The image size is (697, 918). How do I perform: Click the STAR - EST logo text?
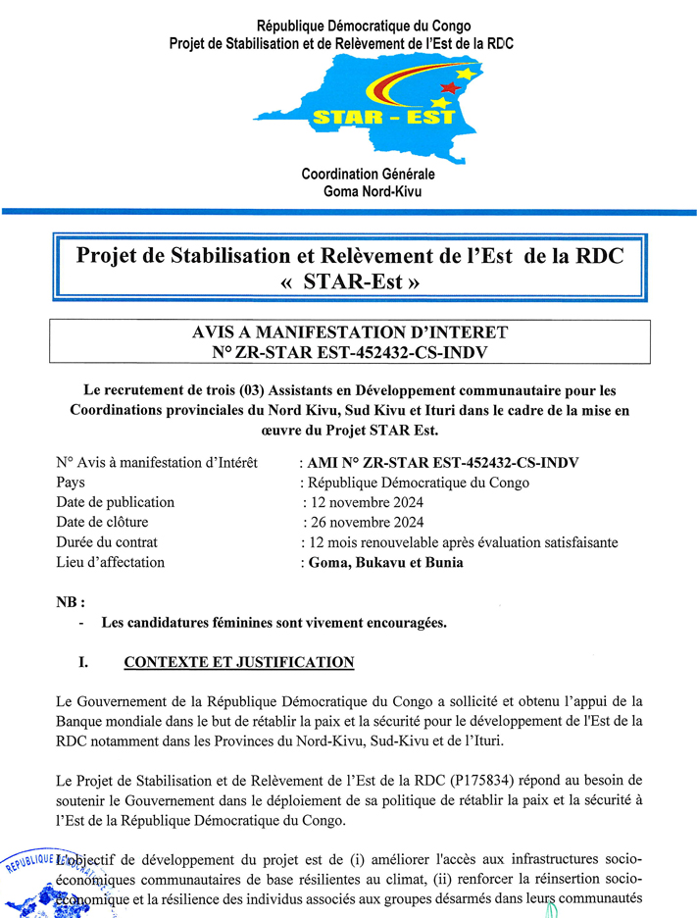[383, 117]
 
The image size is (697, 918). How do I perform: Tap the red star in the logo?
[452, 88]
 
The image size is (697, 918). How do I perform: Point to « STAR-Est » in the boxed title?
[350, 282]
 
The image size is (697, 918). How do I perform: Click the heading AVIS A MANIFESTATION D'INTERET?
[350, 332]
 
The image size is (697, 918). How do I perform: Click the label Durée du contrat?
[107, 542]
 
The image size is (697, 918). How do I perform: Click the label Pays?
[71, 483]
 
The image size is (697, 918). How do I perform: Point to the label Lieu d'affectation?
[111, 563]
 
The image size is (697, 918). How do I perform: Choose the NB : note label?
[71, 601]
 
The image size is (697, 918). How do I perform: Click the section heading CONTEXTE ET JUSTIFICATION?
[238, 662]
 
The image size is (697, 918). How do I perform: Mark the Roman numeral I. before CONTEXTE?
[84, 662]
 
